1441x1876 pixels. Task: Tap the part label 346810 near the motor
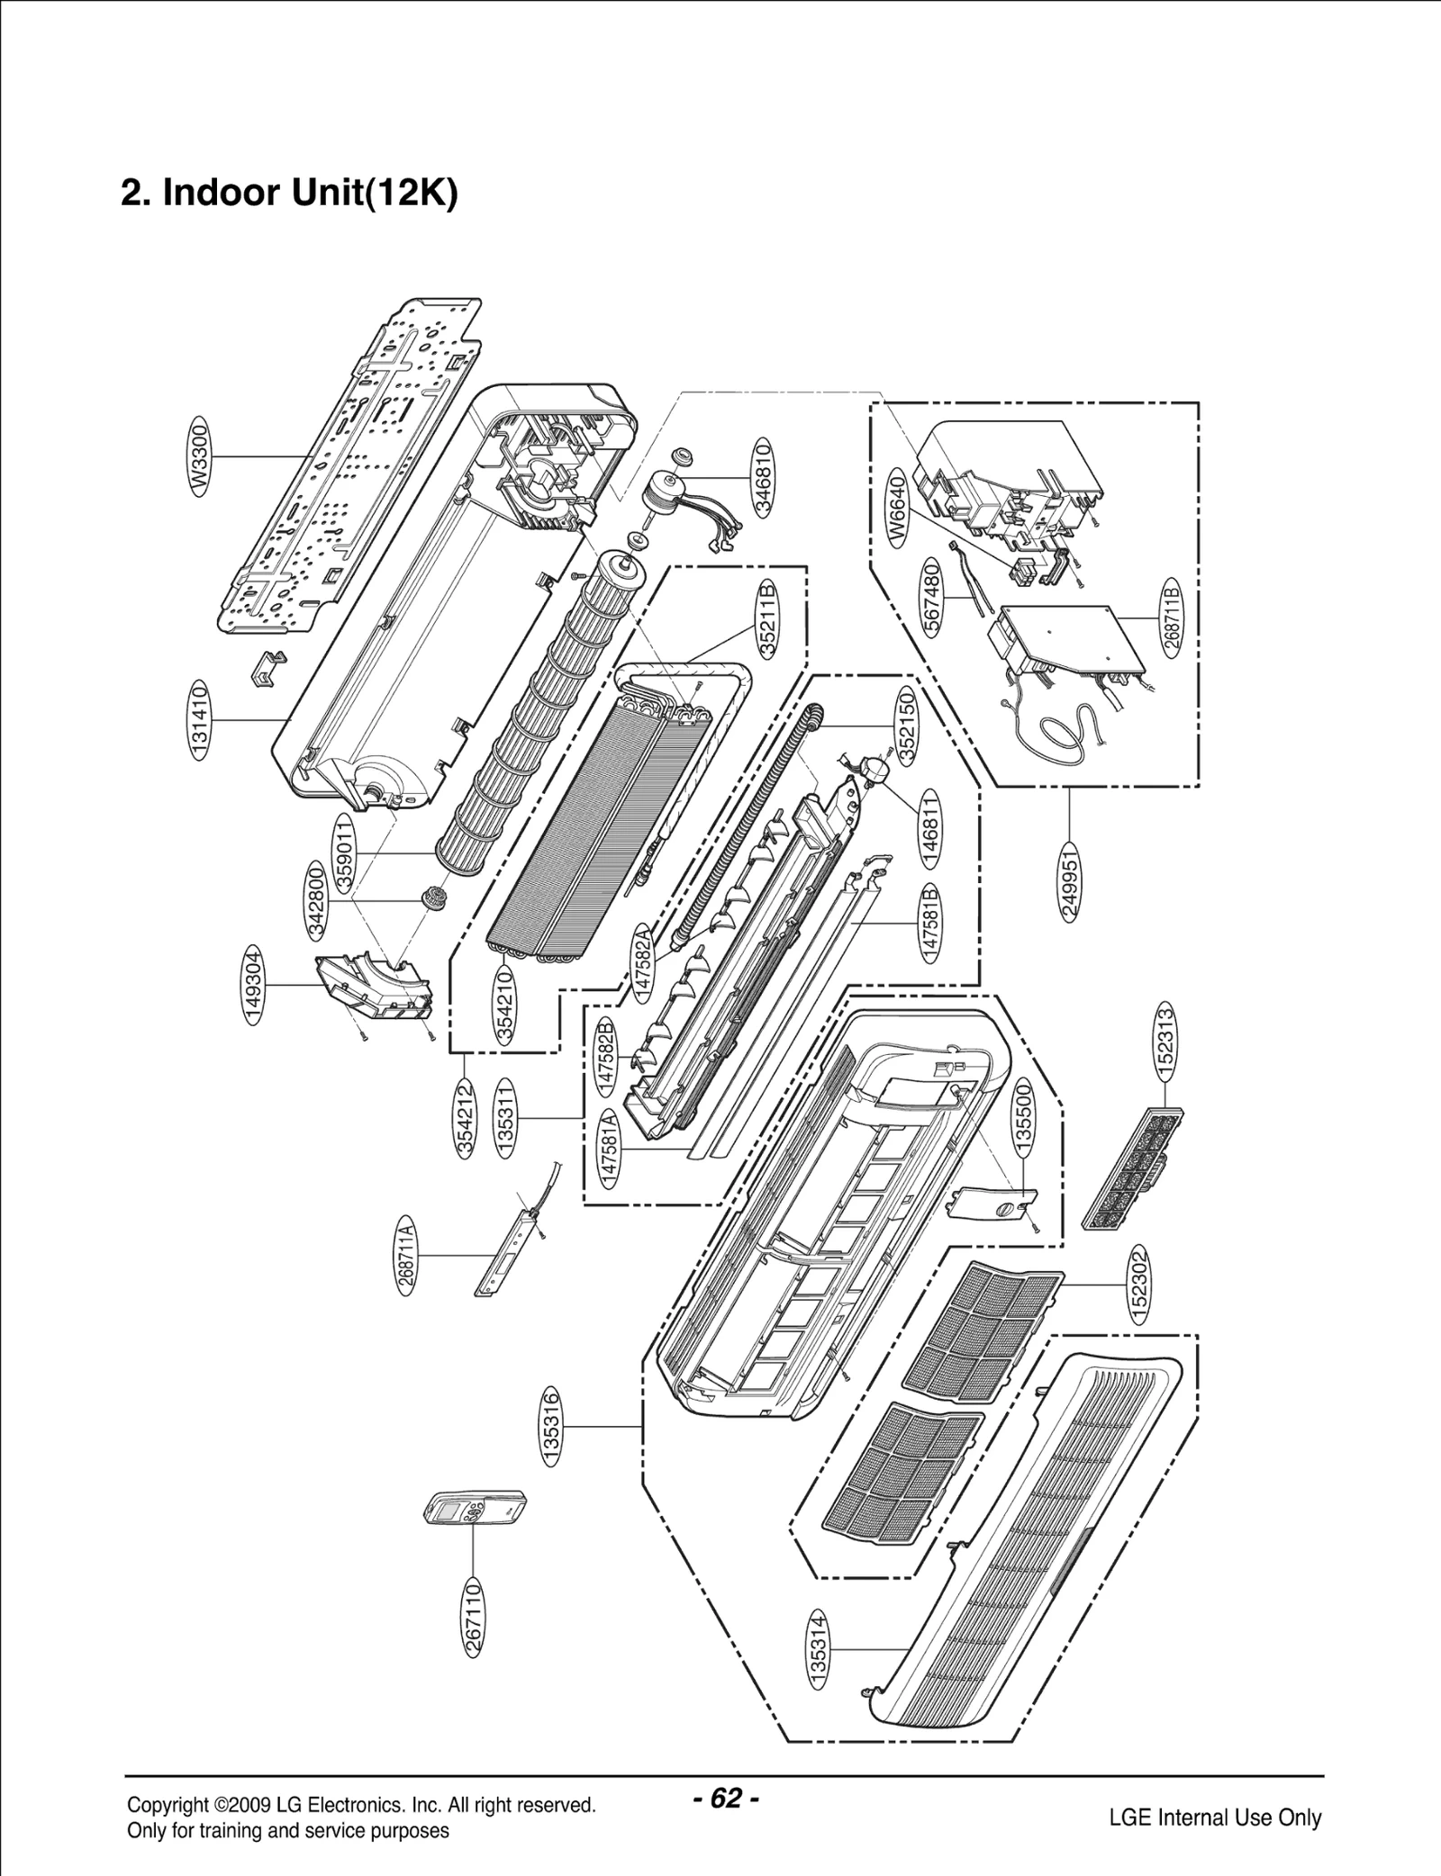pyautogui.click(x=764, y=476)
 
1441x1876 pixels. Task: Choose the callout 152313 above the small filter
pyautogui.click(x=1165, y=1042)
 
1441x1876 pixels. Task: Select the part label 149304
pyautogui.click(x=254, y=986)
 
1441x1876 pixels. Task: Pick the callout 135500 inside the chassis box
pyautogui.click(x=1024, y=1114)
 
